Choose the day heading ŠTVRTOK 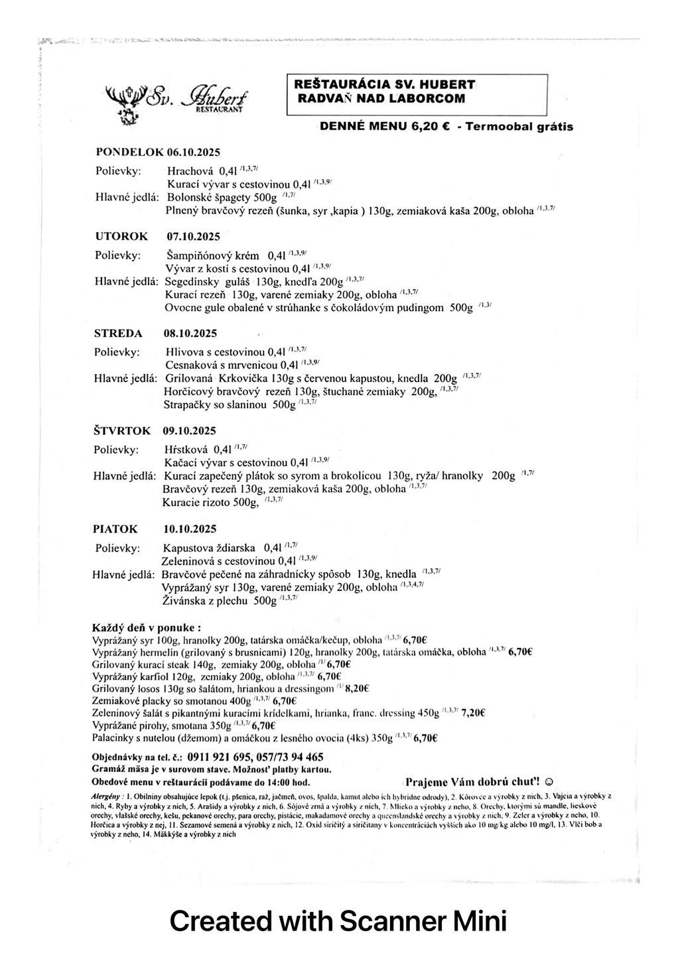[x=121, y=430]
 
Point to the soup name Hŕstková [x=186, y=449]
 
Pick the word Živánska [x=185, y=601]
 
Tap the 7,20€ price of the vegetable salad [x=474, y=713]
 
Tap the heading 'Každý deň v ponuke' [x=147, y=627]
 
